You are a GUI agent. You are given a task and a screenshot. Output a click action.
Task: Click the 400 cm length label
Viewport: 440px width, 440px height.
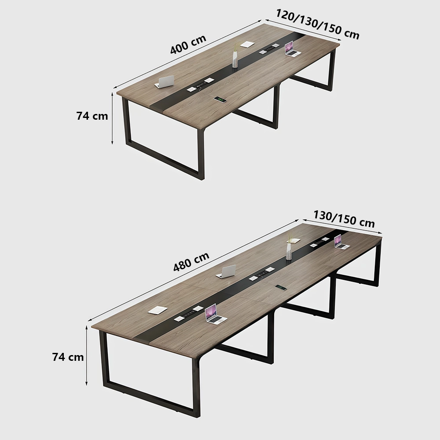(x=188, y=44)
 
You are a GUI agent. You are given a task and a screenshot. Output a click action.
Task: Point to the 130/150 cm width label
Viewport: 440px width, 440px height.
(x=344, y=219)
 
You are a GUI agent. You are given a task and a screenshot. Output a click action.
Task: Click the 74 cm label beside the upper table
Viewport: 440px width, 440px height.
(x=92, y=116)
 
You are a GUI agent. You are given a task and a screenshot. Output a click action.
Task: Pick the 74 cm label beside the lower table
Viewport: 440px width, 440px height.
(x=68, y=357)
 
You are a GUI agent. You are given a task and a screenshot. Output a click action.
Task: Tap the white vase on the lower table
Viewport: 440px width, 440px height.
(x=289, y=251)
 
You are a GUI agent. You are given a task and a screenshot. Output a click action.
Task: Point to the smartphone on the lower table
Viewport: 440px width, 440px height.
(x=281, y=288)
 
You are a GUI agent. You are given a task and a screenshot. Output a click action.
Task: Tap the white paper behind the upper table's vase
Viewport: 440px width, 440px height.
(x=247, y=44)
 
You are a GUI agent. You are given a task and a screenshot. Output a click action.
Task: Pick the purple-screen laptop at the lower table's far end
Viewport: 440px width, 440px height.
(x=339, y=242)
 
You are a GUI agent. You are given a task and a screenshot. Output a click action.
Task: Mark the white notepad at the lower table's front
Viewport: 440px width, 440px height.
(x=158, y=310)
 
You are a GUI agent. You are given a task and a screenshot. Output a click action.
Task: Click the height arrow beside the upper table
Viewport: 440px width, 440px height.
(x=113, y=118)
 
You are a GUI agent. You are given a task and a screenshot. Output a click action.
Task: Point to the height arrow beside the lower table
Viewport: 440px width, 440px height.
(x=87, y=357)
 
